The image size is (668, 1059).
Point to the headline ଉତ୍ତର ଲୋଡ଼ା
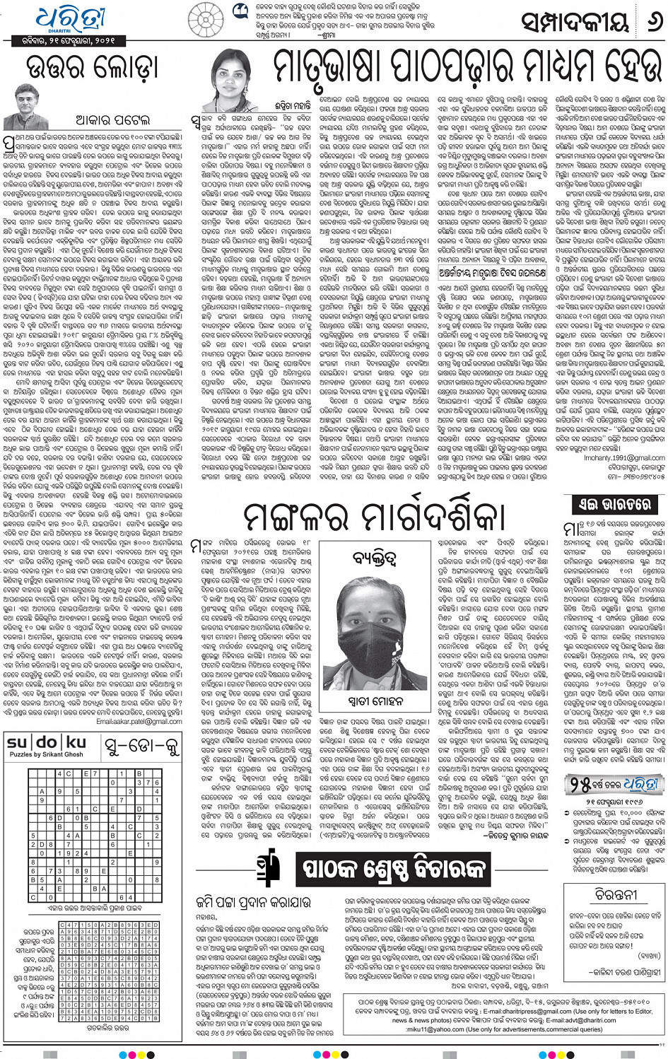click(92, 69)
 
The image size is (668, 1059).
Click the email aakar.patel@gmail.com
click(139, 722)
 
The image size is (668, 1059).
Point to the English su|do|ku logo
click(47, 742)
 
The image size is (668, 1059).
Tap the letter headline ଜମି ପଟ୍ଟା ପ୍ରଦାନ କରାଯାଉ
click(252, 902)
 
